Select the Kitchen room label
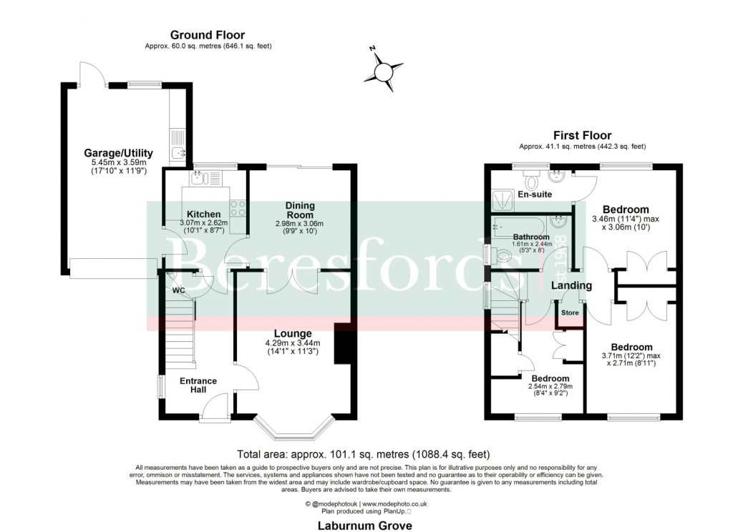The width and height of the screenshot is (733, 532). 204,214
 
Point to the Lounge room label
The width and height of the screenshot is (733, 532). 292,333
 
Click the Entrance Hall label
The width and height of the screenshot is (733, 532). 198,385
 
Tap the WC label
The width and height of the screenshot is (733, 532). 178,290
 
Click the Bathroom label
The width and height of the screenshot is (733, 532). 530,237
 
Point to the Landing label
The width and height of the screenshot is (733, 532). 571,285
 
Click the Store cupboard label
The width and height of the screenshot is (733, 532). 570,312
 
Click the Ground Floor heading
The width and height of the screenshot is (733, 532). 207,35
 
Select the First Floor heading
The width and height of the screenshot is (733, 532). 582,135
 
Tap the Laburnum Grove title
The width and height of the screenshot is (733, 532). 366,525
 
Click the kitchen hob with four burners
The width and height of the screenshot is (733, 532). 238,208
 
